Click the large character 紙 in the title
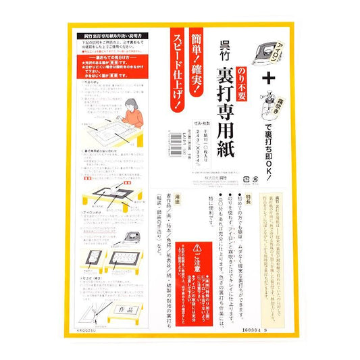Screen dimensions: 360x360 point(222,170)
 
